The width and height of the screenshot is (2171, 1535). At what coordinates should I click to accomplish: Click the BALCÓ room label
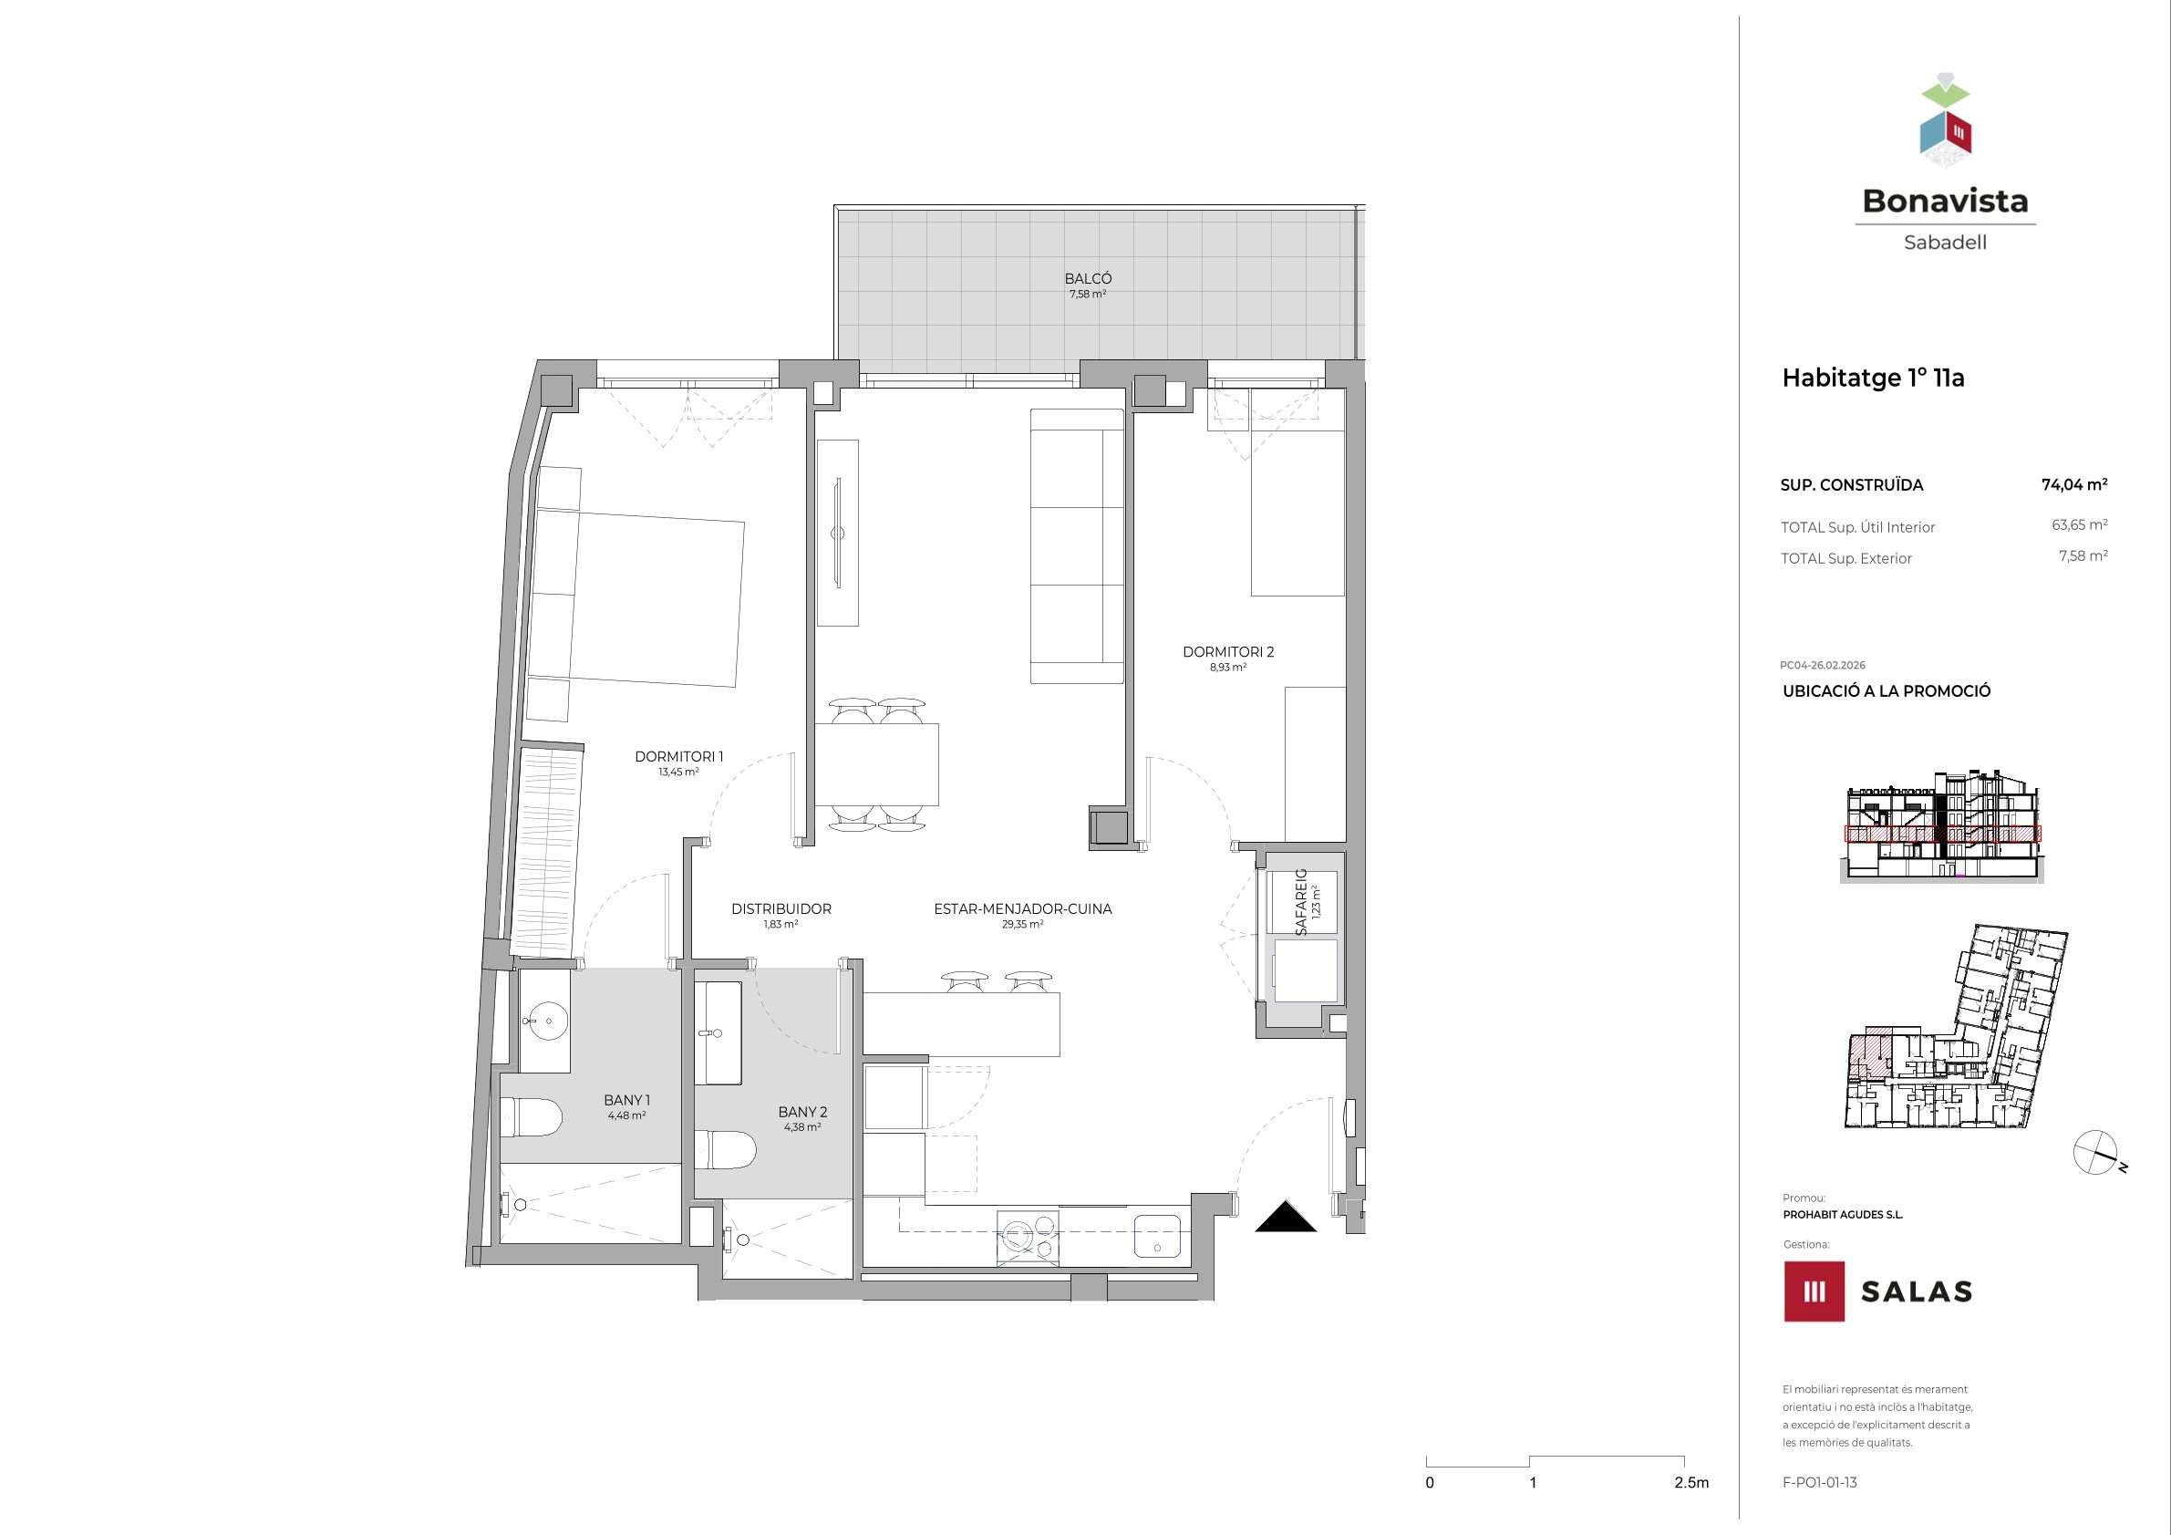pos(1088,279)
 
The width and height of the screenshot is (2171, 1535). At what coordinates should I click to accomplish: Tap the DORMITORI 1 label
pos(679,757)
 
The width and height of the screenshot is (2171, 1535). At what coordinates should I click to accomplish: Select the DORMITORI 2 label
pos(1228,651)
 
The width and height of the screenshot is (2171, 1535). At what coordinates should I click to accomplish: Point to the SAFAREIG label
pos(1301,902)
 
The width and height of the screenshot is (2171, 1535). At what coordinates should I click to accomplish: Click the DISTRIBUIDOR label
pos(781,909)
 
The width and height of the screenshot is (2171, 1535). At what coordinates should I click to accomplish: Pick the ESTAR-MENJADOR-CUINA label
pos(1023,909)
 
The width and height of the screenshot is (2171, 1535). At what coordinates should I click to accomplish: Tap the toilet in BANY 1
pos(532,1117)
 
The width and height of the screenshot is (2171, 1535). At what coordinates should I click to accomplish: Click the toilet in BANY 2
pos(725,1150)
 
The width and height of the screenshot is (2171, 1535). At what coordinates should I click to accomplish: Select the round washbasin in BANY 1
pos(544,1022)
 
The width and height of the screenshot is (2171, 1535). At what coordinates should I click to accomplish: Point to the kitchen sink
pos(1157,1238)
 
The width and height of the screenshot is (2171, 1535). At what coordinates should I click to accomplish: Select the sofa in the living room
pos(1077,545)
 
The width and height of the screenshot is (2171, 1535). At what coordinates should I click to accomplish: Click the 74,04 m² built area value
pos(2074,484)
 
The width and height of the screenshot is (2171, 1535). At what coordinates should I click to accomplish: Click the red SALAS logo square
pos(1814,1291)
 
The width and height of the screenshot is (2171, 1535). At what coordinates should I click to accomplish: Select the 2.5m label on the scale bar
pos(1691,1483)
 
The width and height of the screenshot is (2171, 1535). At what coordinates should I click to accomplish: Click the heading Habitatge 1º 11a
pos(1873,379)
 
